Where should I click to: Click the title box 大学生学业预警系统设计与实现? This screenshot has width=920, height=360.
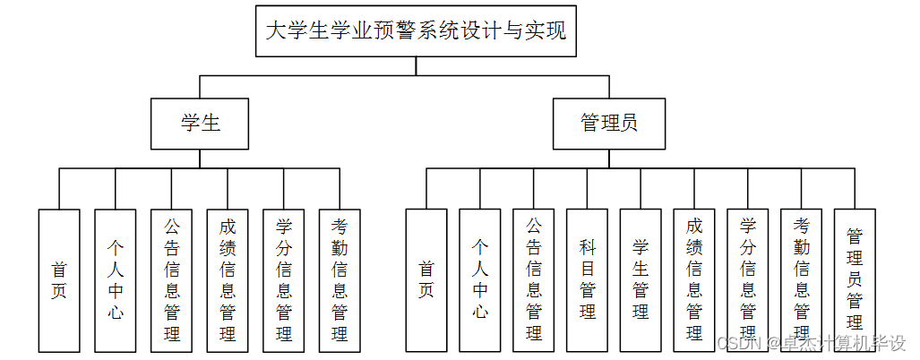416,31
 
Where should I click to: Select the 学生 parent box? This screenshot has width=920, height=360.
200,123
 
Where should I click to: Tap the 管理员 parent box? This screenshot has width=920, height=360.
609,123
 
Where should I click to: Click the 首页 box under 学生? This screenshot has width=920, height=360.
59,279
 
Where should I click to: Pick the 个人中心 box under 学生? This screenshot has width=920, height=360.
116,279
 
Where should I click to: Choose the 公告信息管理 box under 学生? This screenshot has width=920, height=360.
171,279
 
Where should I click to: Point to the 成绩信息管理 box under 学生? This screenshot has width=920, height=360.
228,279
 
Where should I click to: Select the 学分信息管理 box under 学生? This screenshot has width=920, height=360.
284,279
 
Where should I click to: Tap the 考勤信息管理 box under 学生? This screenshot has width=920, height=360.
340,279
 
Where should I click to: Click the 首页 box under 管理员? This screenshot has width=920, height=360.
426,279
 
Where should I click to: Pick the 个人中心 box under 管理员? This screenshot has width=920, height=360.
480,279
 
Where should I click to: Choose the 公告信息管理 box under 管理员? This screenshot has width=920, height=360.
534,279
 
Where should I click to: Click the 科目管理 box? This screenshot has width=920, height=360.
588,279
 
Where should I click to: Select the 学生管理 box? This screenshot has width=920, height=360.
641,279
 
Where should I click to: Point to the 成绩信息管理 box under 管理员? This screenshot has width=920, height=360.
694,279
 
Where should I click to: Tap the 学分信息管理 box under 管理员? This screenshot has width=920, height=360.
748,279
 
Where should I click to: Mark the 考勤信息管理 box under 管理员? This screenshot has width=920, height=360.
802,279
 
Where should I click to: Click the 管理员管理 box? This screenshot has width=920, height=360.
855,279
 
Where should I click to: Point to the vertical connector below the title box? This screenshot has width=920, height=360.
416,67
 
